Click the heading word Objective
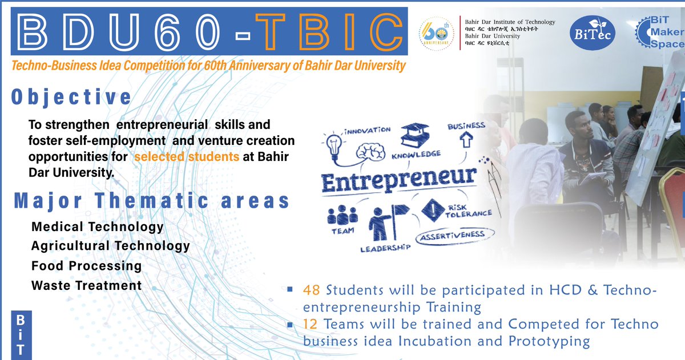(x=71, y=97)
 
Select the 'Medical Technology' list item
(x=98, y=227)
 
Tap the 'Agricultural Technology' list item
(x=111, y=246)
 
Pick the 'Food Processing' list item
(x=87, y=266)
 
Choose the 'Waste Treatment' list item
(x=87, y=285)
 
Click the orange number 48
(x=313, y=290)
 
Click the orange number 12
(x=313, y=325)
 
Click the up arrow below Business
(x=466, y=139)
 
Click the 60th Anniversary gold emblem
(x=437, y=35)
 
